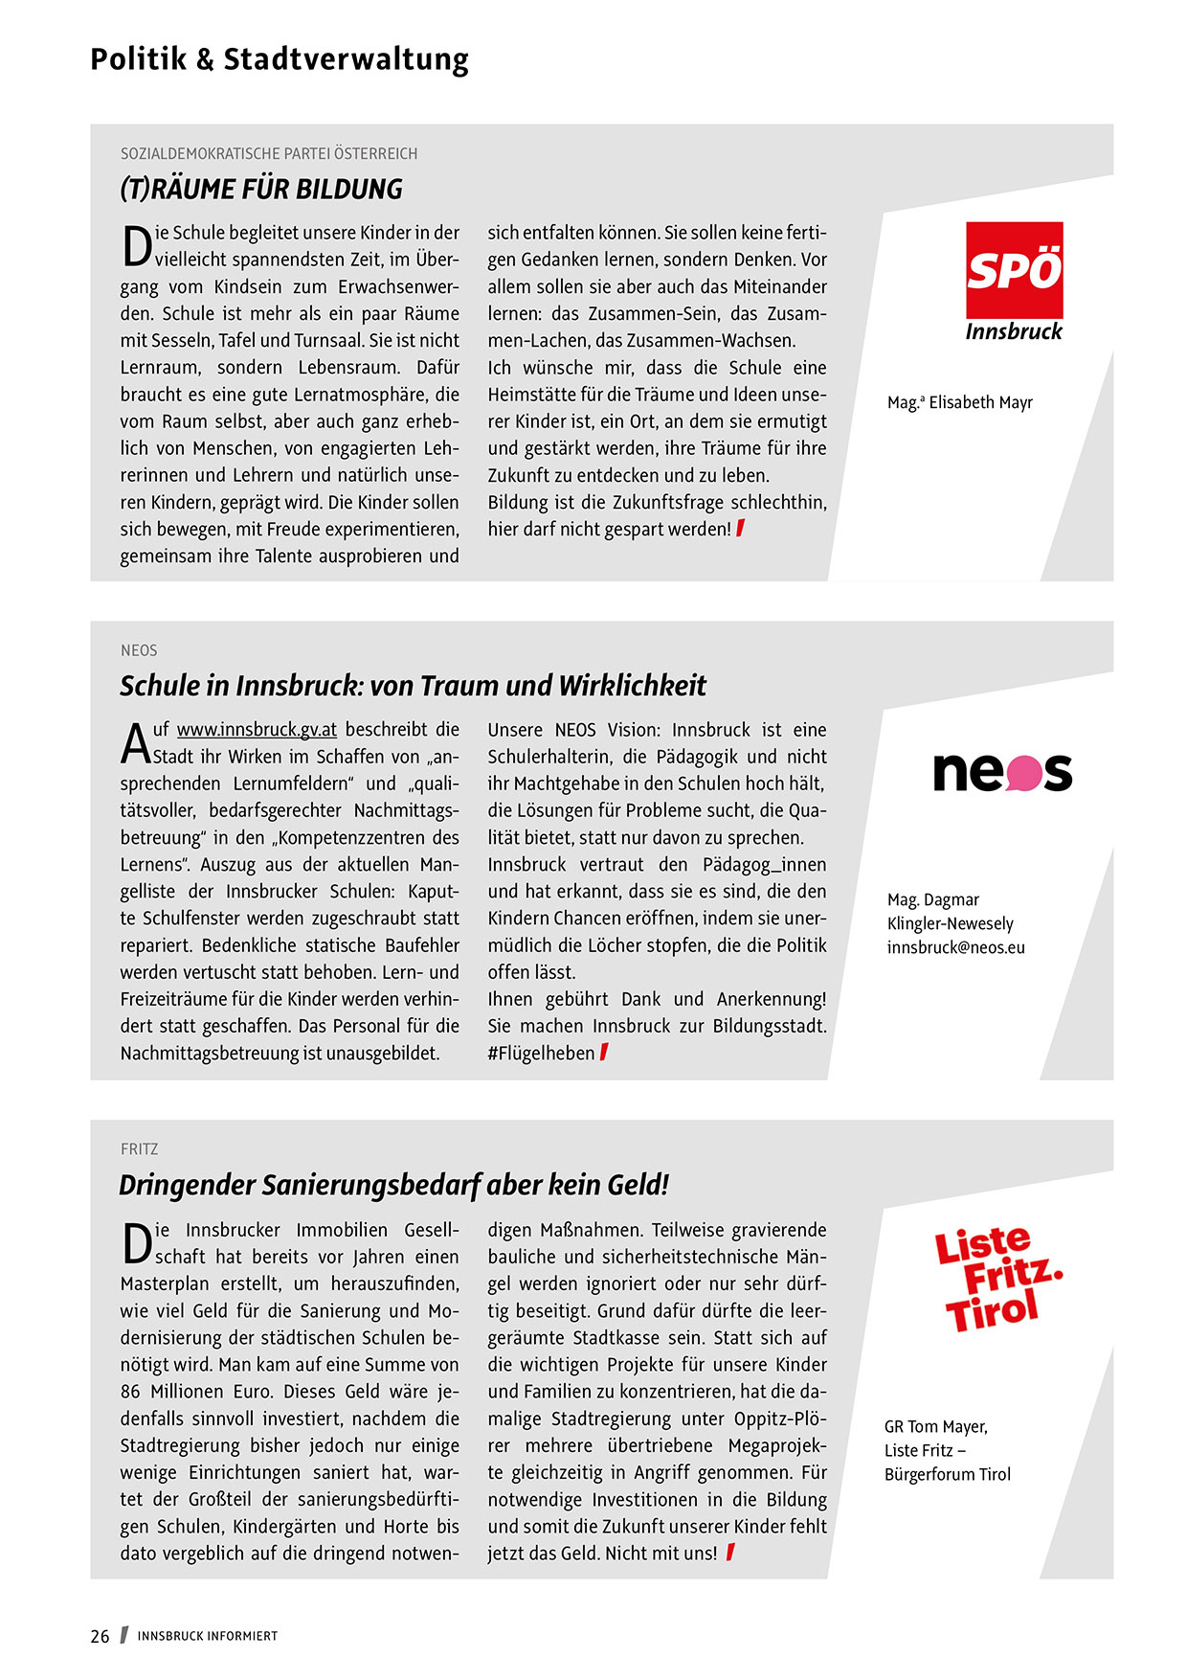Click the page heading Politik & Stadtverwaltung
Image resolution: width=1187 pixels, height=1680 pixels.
pyautogui.click(x=279, y=59)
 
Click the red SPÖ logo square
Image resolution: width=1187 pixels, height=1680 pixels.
pyautogui.click(x=1014, y=269)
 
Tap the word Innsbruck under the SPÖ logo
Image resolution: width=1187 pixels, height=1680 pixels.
pyautogui.click(x=1014, y=331)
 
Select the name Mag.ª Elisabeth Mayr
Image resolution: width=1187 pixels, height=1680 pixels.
pyautogui.click(x=959, y=402)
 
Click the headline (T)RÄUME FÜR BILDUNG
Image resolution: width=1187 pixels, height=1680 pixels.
pyautogui.click(x=261, y=189)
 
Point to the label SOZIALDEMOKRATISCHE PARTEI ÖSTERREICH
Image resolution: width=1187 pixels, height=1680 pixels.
pyautogui.click(x=269, y=153)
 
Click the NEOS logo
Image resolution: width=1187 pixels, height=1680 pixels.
pyautogui.click(x=1002, y=772)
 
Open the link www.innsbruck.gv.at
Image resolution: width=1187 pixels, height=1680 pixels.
pyautogui.click(x=257, y=730)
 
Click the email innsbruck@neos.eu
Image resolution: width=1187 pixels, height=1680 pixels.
pyautogui.click(x=955, y=947)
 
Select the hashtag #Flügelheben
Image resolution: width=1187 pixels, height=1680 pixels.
pyautogui.click(x=541, y=1053)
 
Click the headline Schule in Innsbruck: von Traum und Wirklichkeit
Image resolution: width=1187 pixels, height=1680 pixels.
pyautogui.click(x=413, y=686)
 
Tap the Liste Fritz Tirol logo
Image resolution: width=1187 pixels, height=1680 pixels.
pyautogui.click(x=996, y=1279)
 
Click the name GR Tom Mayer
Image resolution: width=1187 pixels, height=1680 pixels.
pyautogui.click(x=935, y=1426)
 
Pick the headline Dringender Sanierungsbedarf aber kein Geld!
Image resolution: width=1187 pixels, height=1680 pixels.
pyautogui.click(x=393, y=1185)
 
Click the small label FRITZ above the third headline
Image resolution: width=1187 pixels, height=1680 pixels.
pyautogui.click(x=140, y=1148)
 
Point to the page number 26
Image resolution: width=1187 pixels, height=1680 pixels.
pyautogui.click(x=100, y=1636)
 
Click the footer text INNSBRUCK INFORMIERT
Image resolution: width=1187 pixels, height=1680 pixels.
pyautogui.click(x=207, y=1636)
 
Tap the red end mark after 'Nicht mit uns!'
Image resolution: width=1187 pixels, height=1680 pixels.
pyautogui.click(x=730, y=1552)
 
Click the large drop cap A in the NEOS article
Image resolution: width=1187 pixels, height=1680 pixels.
pyautogui.click(x=135, y=745)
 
